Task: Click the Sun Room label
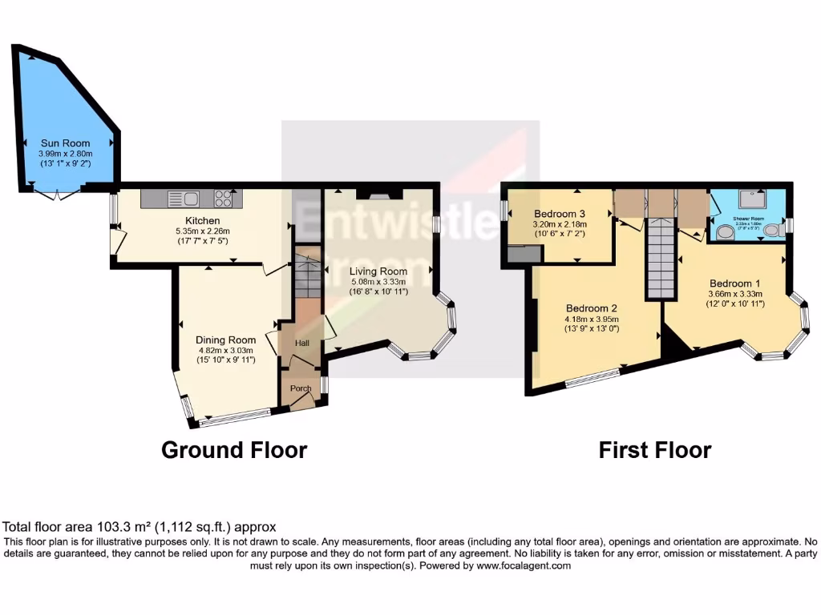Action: [x=66, y=143]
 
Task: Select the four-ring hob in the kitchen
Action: [x=224, y=198]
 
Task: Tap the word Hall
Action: [x=302, y=343]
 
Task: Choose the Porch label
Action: [x=301, y=388]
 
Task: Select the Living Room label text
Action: [x=378, y=271]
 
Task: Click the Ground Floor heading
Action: [x=234, y=450]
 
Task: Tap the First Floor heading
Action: [x=654, y=450]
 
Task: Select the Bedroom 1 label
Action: [x=735, y=283]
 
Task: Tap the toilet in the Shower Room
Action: [x=771, y=231]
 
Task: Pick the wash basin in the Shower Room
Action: [x=726, y=232]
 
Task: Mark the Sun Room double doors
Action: [x=58, y=195]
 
